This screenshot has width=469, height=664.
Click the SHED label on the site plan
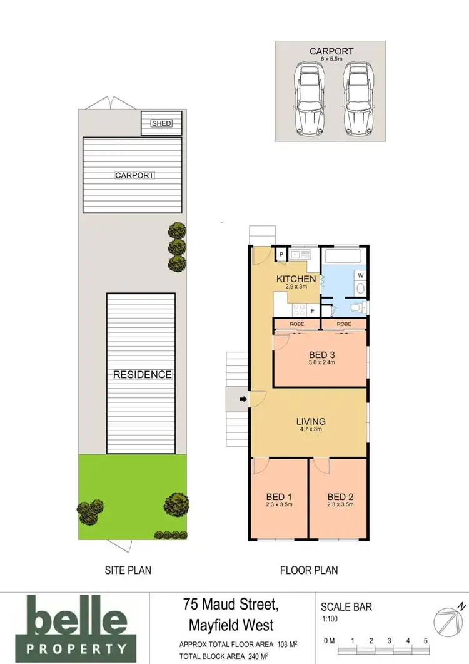pos(161,123)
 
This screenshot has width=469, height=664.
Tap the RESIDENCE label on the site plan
pos(142,375)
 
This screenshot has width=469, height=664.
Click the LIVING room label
pos(311,422)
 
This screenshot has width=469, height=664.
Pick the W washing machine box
pos(361,275)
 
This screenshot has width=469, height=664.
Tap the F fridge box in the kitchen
pos(311,310)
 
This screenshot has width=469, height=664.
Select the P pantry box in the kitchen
pos(281,255)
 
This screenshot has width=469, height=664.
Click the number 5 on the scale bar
pos(425,641)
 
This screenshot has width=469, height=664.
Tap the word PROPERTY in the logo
pos(78,648)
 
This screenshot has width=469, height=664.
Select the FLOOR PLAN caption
pos(308,570)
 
